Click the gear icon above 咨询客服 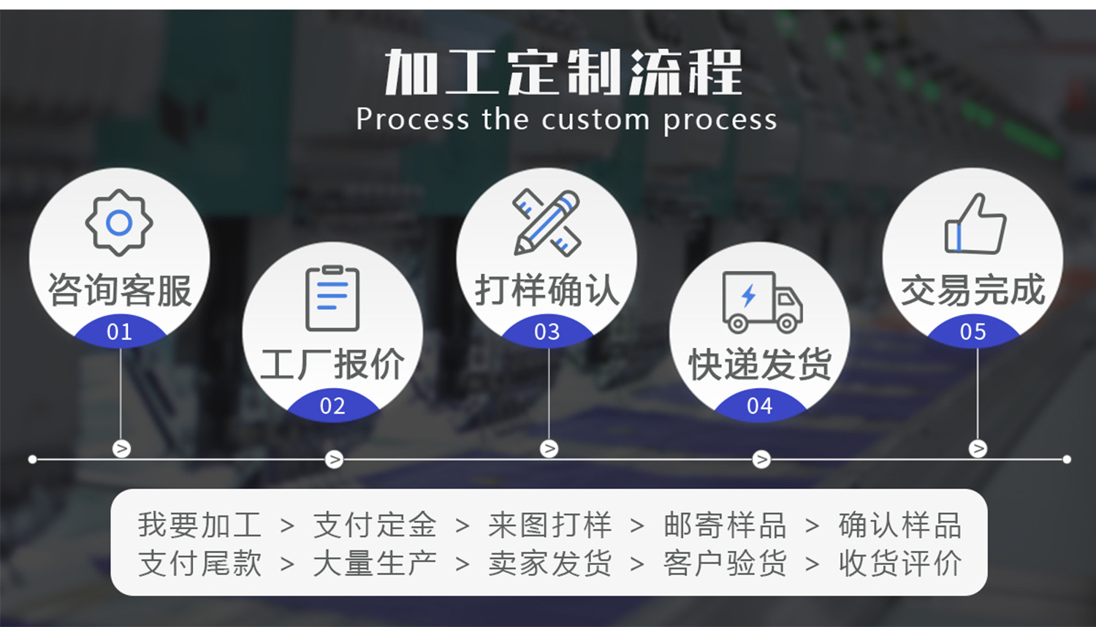[119, 223]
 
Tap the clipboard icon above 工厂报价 [332, 298]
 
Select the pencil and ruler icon [547, 223]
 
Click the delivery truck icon [761, 301]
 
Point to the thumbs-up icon [975, 224]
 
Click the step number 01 [119, 332]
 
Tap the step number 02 [332, 406]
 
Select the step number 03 [547, 332]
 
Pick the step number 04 [760, 406]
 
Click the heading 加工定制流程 [563, 72]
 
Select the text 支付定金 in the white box [375, 525]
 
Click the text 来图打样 [549, 525]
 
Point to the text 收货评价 [899, 563]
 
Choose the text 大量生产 [375, 563]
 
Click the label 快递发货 [760, 364]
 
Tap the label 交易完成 [973, 290]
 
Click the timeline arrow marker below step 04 [761, 459]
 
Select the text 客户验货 [725, 563]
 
